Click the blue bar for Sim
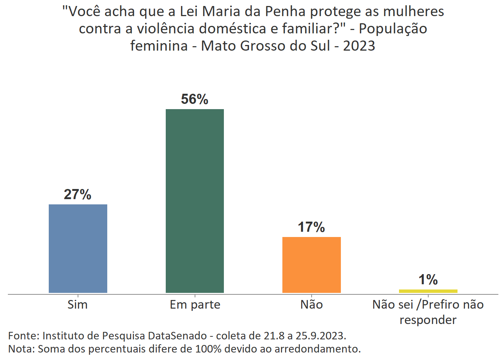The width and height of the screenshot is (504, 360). pos(78,248)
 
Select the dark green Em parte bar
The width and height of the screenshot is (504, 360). pos(195,201)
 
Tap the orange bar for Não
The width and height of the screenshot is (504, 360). pos(311,265)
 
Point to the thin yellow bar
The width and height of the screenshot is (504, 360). pos(428,291)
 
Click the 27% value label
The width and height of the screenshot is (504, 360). pos(78,194)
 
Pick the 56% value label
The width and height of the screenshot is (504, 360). pos(195,99)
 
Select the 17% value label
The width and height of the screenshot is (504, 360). pos(311,227)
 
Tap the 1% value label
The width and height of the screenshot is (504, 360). pos(428,279)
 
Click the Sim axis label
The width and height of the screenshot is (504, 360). pos(78,304)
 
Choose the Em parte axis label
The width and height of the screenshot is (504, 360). pos(195,304)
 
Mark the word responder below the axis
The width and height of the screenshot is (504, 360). pos(428,320)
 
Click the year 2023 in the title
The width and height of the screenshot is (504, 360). pos(359,46)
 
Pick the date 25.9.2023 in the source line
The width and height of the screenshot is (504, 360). pos(320,335)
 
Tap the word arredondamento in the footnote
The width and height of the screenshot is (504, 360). pos(317,349)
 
